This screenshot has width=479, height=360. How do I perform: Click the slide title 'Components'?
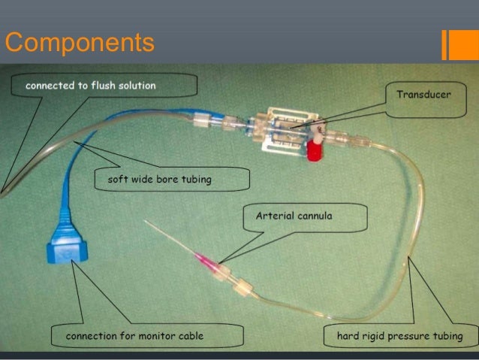pos(80,42)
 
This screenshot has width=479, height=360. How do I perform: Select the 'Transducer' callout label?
pos(423,95)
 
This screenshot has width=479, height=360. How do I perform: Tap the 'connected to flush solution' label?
pos(91,86)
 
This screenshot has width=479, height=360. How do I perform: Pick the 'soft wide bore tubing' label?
pos(161,180)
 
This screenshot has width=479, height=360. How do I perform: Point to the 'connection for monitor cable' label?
pos(134,335)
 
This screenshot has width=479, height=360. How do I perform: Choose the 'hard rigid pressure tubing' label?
pos(399,335)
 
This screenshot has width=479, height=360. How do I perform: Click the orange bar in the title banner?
pos(456,44)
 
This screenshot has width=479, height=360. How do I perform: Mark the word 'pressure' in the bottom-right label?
pos(406,335)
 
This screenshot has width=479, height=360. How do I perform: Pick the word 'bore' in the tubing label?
pos(173,180)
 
